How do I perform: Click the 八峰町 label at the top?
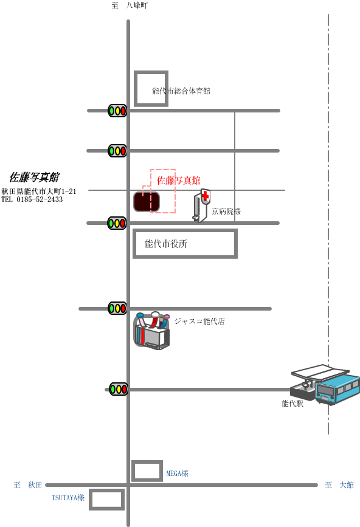pos(137,5)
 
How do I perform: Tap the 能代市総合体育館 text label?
pos(181,91)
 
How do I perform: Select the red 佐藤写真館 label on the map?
pos(179,181)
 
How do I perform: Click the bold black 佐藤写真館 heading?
pos(34,177)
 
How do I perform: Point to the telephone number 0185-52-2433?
pos(40,199)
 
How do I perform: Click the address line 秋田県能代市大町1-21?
pos(39,191)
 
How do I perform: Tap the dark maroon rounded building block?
pos(147,202)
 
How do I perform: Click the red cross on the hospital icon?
pos(206,196)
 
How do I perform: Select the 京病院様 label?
pos(226,212)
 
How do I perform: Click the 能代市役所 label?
pos(166,244)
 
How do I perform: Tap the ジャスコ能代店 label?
pos(199,322)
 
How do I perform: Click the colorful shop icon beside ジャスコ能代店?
pos(151,331)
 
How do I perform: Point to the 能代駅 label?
pos(292,404)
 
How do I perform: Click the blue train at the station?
pos(337,389)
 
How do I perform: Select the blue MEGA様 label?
pos(178,474)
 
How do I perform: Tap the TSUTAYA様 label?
pos(68,497)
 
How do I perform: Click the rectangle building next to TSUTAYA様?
pos(106,500)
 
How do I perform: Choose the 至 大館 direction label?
pos(339,485)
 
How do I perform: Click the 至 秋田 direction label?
pos(28,485)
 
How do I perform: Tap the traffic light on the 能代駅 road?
pos(119,389)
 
